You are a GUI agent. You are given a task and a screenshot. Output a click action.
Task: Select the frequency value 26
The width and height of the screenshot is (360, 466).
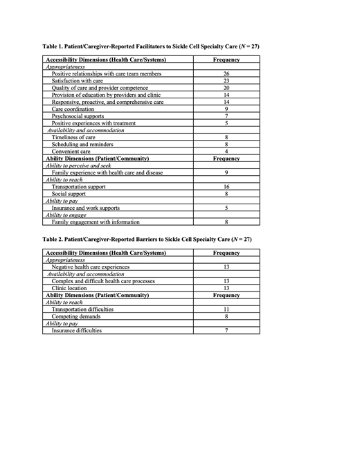(x=227, y=73)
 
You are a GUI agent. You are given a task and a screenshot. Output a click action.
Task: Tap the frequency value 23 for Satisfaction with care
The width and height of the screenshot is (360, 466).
(x=227, y=81)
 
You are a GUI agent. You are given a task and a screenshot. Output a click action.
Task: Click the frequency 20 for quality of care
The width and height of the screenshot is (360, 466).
(x=227, y=88)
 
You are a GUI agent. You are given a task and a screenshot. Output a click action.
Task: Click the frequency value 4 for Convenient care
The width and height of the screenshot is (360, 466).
(x=227, y=152)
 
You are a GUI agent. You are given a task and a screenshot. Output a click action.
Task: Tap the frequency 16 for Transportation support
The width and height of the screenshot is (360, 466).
(x=227, y=187)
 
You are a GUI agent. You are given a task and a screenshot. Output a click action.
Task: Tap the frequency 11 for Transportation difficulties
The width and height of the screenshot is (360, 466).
(x=227, y=310)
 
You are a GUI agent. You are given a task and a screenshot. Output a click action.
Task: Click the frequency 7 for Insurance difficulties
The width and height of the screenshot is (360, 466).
(x=227, y=331)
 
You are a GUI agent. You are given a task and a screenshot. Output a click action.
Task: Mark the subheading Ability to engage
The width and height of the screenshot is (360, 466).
(x=71, y=215)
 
